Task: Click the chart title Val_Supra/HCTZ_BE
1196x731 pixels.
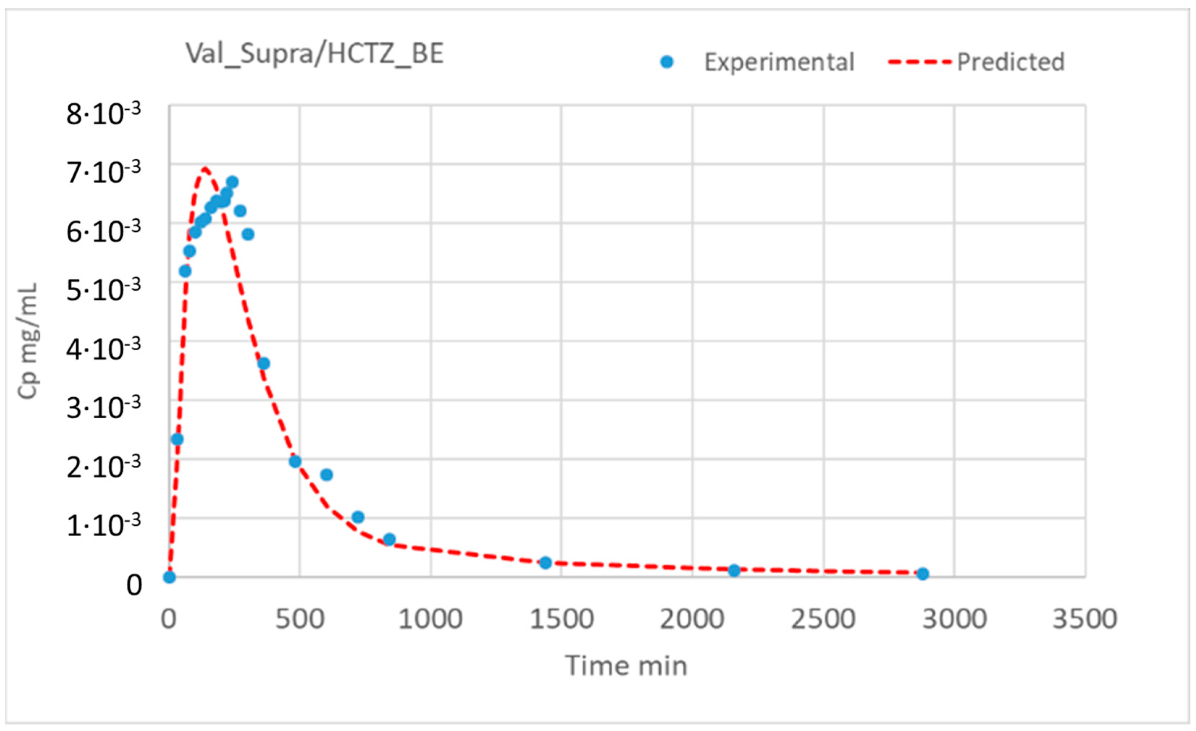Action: click(x=315, y=53)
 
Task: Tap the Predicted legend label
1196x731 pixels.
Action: click(x=1011, y=62)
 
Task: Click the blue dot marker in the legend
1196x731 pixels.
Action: click(x=667, y=62)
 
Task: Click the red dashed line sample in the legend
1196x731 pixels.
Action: click(x=919, y=62)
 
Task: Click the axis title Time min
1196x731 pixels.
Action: click(x=626, y=665)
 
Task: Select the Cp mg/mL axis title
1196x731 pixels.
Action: click(x=28, y=341)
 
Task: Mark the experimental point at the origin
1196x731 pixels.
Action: click(x=169, y=577)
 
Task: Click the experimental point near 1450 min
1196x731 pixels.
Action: click(x=546, y=563)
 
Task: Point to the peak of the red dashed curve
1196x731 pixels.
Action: click(x=204, y=168)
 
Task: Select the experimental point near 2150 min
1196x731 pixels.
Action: click(x=734, y=570)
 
